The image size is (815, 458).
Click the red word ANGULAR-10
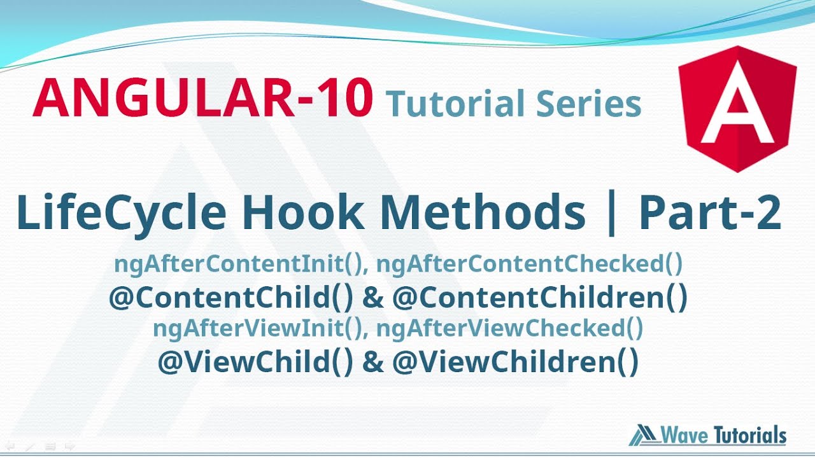click(x=202, y=98)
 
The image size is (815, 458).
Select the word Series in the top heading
click(x=589, y=104)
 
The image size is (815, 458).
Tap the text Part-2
click(x=709, y=213)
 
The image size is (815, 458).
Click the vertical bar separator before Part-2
click(x=612, y=214)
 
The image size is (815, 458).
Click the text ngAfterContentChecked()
click(x=529, y=264)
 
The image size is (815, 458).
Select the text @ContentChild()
click(x=230, y=298)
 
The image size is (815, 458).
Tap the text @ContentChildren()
click(x=540, y=298)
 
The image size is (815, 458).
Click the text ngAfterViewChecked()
click(x=509, y=328)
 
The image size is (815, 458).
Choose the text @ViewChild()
click(x=255, y=363)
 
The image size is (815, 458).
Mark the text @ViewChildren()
click(x=515, y=363)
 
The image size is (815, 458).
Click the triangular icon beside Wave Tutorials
click(x=644, y=436)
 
